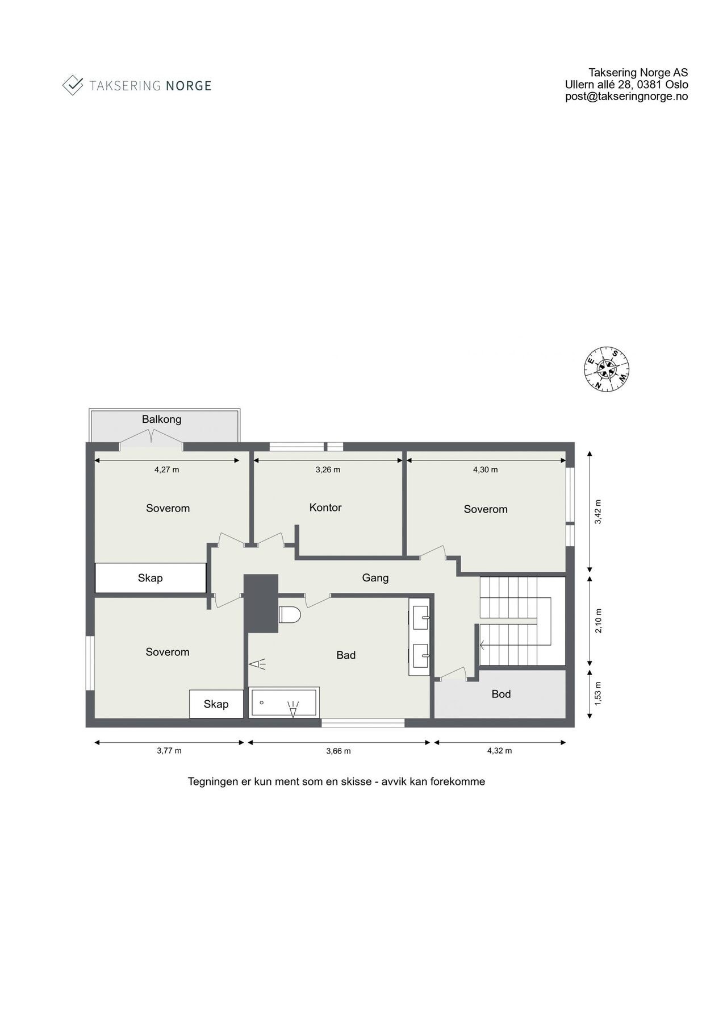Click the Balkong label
(x=162, y=419)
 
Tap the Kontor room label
(x=325, y=508)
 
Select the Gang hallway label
(x=375, y=578)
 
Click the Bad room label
(x=346, y=655)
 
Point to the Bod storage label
(x=501, y=694)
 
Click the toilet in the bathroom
(x=290, y=614)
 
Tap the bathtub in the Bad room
(x=285, y=703)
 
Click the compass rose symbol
(x=607, y=369)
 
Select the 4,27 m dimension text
(x=167, y=470)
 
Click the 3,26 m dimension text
(x=328, y=470)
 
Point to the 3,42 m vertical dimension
(x=597, y=511)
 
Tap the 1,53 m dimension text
(x=597, y=693)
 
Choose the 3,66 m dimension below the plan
(x=338, y=751)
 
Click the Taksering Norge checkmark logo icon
(x=73, y=85)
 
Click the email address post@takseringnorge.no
(x=626, y=97)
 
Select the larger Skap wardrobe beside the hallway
(x=151, y=578)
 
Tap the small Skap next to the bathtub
(x=216, y=704)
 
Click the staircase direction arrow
(x=483, y=645)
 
